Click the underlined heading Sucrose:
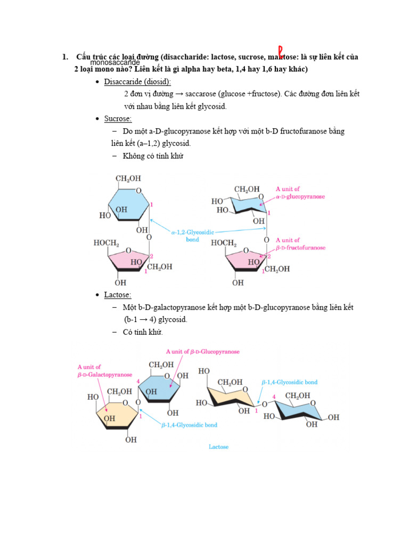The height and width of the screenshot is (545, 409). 118,119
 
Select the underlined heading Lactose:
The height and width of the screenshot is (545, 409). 118,295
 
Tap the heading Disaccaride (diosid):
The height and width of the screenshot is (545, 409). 137,81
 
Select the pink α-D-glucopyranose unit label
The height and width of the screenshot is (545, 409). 300,193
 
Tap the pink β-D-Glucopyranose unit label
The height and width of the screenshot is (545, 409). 202,352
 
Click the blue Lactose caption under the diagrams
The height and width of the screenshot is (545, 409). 218,447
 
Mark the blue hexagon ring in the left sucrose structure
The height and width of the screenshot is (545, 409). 128,205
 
